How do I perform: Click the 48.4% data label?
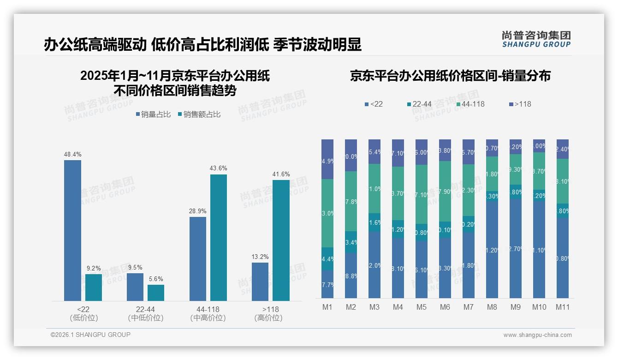tap(72, 154)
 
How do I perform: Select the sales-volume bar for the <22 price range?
tap(72, 231)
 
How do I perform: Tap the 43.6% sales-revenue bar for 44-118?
tap(219, 238)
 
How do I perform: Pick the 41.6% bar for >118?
tap(281, 240)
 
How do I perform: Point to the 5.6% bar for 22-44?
tap(156, 293)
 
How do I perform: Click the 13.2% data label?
tap(260, 257)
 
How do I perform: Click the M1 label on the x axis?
tap(327, 307)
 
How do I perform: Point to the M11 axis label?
tap(562, 307)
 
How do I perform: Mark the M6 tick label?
tap(445, 307)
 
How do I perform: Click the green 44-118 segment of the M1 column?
tap(327, 213)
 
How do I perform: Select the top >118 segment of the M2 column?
tap(351, 155)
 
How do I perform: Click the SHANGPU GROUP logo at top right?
tap(536, 39)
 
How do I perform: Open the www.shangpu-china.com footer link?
tap(537, 335)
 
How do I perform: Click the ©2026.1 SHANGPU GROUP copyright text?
tap(90, 335)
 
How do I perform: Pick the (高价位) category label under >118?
tap(268, 318)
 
